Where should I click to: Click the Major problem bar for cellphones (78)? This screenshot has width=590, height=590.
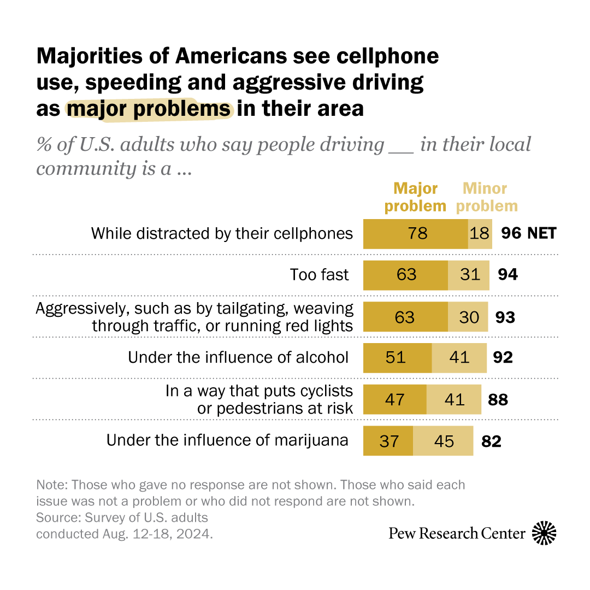(416, 234)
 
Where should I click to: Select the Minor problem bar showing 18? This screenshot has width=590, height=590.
(480, 234)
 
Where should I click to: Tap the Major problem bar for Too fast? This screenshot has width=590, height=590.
(405, 274)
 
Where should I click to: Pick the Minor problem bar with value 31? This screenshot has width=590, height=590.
(468, 274)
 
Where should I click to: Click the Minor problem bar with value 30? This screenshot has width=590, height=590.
(468, 317)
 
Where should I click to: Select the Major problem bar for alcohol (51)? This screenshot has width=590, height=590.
(397, 357)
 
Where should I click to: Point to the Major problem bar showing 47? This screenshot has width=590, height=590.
(394, 399)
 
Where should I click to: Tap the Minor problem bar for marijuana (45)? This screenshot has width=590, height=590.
(442, 440)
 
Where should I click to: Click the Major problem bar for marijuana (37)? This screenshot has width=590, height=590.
(388, 440)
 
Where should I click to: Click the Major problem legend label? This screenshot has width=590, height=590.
(415, 197)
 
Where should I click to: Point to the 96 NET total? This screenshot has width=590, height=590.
(528, 234)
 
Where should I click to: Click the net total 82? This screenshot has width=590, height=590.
(491, 441)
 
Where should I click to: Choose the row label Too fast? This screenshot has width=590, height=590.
(319, 274)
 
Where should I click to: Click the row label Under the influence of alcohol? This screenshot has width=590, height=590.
(238, 357)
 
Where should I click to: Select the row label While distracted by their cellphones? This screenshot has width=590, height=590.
(222, 234)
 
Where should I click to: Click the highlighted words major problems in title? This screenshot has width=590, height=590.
(149, 109)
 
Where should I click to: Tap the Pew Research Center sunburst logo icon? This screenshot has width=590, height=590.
(544, 533)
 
